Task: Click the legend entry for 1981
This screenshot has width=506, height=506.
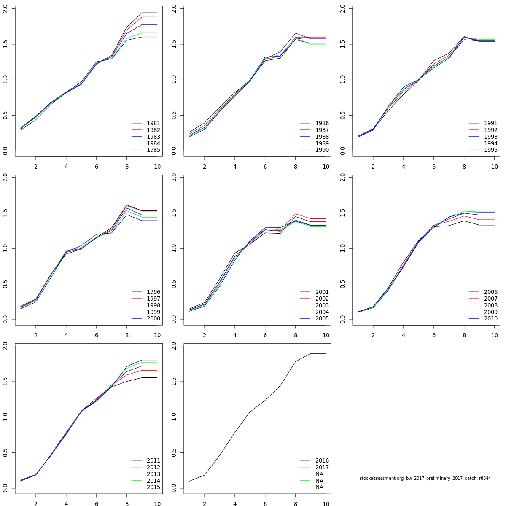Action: tap(153, 123)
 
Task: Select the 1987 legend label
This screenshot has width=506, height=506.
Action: tap(322, 130)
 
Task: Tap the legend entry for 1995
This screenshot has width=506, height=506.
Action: tap(490, 150)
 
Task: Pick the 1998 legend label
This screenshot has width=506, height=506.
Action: tap(153, 305)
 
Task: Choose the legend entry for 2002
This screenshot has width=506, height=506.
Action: tap(322, 299)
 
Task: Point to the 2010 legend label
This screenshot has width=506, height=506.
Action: tap(490, 319)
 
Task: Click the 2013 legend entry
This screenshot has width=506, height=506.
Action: tap(153, 474)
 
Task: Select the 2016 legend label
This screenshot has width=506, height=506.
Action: tap(322, 460)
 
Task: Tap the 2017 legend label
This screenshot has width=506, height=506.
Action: tap(322, 467)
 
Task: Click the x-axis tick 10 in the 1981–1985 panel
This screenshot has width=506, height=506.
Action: tap(157, 167)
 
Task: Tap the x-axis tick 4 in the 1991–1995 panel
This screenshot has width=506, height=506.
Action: tap(403, 167)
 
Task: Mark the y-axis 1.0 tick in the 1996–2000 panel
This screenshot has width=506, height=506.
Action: tap(5, 248)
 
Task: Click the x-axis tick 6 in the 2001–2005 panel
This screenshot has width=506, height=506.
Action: tap(265, 335)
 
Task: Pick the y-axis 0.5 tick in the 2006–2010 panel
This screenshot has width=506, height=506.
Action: tap(342, 284)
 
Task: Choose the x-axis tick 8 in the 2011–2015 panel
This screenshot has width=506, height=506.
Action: tap(127, 504)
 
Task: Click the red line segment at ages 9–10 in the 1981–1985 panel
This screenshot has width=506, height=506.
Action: tap(150, 17)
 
